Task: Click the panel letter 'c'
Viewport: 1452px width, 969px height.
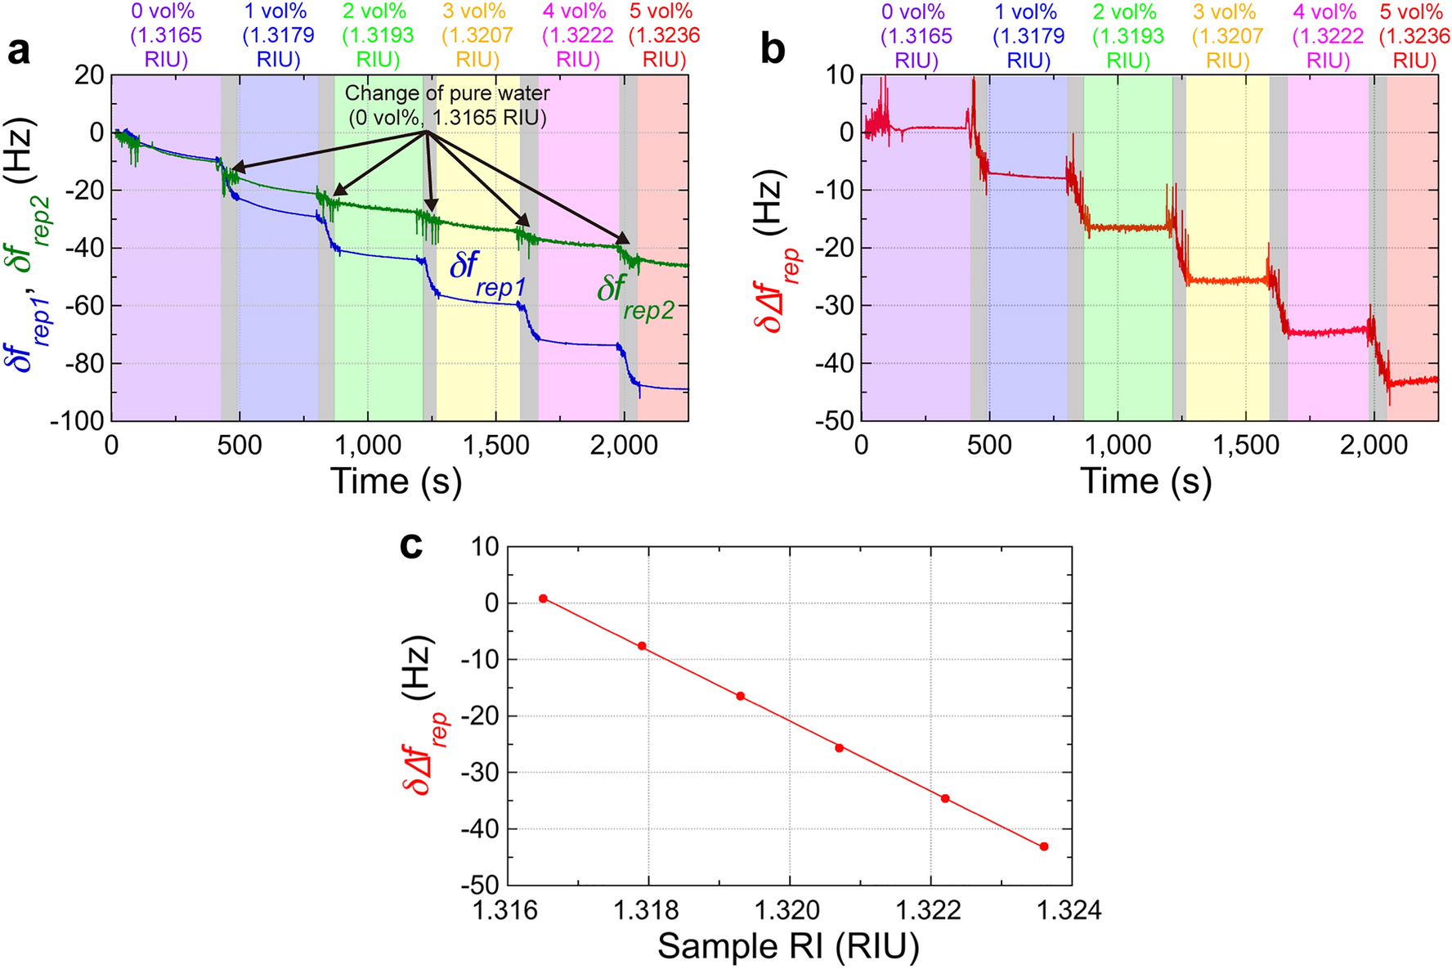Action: (411, 545)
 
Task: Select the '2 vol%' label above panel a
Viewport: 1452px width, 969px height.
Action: (374, 11)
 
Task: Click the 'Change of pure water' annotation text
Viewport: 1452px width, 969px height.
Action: (447, 93)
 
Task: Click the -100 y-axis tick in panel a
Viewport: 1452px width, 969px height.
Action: (78, 420)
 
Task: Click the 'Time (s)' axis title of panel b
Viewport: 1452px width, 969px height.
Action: (1145, 481)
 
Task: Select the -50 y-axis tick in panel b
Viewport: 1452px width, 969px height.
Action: (834, 420)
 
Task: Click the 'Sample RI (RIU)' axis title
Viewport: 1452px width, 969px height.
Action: (788, 946)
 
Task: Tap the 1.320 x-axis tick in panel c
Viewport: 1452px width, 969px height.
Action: (790, 909)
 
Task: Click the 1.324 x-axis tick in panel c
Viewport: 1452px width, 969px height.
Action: (1071, 909)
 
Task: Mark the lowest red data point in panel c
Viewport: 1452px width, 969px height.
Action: (1044, 846)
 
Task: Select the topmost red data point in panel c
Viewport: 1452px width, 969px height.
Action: (543, 599)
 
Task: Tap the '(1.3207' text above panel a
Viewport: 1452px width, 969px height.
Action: (477, 36)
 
